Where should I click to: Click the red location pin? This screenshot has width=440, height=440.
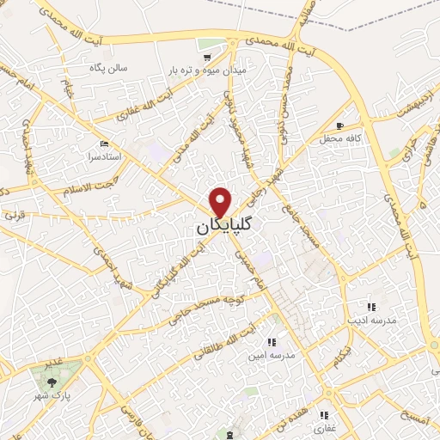coord(222,201)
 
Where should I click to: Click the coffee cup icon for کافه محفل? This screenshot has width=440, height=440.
coord(339,125)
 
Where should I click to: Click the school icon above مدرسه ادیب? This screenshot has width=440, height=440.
coord(371,306)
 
